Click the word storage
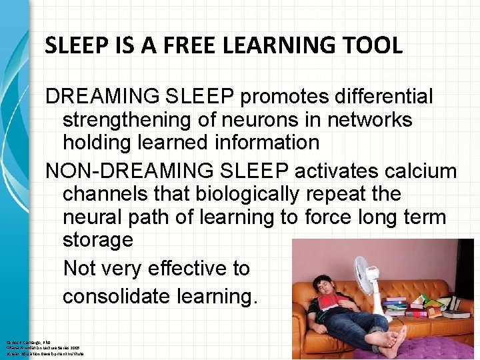coord(98,239)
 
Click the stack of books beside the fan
coord(397,306)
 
